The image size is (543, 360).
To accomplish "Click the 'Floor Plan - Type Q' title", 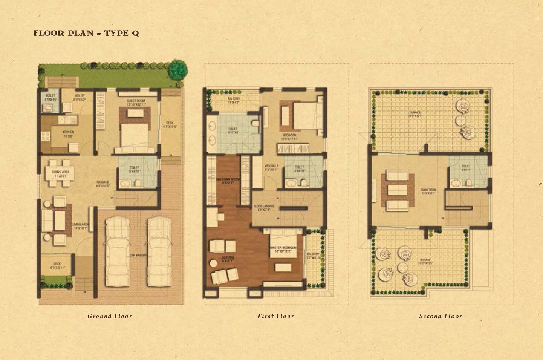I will (x=86, y=33).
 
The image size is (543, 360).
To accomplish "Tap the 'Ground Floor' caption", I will (x=110, y=316).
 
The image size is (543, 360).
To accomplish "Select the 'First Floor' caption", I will (x=276, y=316).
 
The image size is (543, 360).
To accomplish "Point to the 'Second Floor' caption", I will (x=441, y=316).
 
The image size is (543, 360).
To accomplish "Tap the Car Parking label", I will (x=138, y=255).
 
